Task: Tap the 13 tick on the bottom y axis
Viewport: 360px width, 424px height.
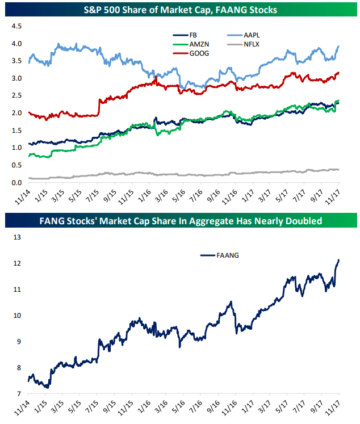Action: pos(16,238)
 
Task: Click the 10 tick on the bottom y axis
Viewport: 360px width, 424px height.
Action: pos(16,316)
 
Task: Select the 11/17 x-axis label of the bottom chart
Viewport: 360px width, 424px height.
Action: pos(334,408)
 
